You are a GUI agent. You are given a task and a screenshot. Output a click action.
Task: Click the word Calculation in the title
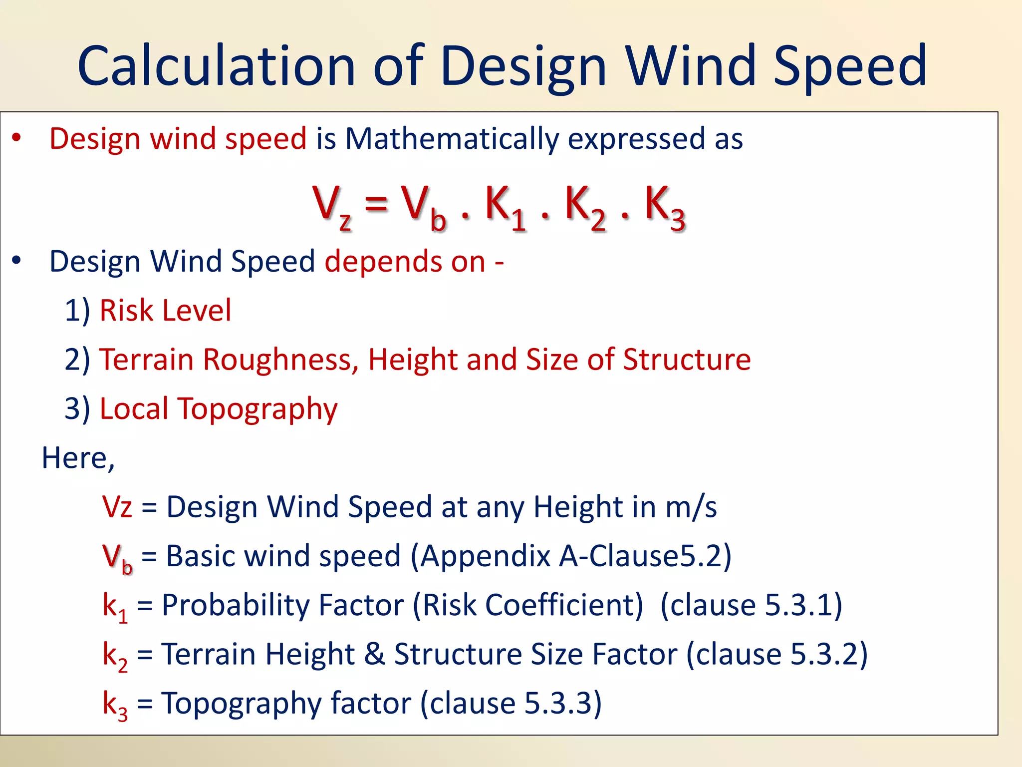[216, 66]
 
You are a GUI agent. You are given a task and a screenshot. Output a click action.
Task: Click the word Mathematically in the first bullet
[452, 138]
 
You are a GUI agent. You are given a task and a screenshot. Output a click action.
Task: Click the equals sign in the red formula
[376, 204]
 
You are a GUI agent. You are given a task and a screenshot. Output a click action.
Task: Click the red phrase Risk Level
[165, 310]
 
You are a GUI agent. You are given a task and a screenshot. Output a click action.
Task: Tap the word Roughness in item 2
[280, 360]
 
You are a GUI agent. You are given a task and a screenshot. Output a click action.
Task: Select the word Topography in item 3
[257, 409]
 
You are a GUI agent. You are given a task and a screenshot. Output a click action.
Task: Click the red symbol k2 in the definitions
[115, 655]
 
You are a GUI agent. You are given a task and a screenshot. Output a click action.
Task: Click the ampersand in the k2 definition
[374, 654]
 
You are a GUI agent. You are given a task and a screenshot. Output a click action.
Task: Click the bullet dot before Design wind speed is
[17, 138]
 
